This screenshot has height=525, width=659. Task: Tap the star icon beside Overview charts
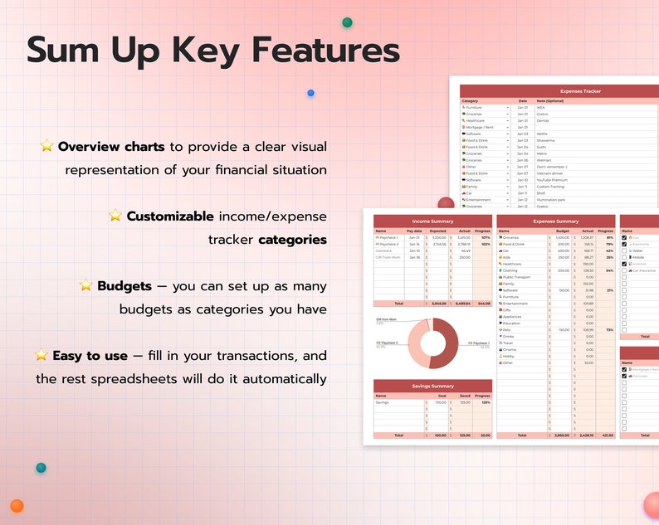pos(46,146)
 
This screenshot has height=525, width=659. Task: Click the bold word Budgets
pos(124,286)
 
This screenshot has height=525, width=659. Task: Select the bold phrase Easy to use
pos(90,356)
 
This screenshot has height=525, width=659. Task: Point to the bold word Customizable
pos(170,216)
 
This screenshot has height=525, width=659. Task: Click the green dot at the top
pos(347,22)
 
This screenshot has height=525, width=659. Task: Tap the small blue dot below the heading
pos(310,93)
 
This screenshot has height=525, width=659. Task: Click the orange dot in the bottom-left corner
pos(17,506)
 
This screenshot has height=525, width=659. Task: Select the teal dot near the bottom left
pos(41,468)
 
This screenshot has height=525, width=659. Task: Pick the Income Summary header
pos(432,221)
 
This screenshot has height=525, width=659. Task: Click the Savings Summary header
pos(432,386)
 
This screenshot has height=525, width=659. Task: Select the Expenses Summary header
pos(555,221)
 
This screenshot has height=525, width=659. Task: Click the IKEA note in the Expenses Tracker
pos(541,107)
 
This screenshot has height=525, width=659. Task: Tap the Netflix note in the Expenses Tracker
pos(543,134)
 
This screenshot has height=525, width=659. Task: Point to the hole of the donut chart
pos(432,343)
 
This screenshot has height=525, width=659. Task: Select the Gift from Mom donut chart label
pos(387,318)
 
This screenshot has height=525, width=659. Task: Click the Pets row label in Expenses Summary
pos(506,329)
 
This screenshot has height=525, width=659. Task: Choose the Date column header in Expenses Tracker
pos(522,100)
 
